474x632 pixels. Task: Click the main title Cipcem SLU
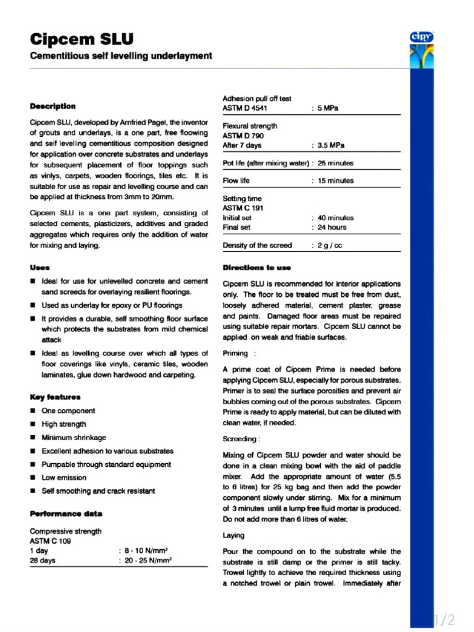point(81,39)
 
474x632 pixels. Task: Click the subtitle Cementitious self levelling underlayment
point(121,56)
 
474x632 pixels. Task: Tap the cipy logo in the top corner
point(422,38)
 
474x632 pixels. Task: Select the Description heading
point(53,106)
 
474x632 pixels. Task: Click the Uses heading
point(40,267)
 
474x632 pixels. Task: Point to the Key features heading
point(55,397)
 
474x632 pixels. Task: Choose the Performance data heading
point(66,513)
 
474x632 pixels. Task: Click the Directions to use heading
point(256,267)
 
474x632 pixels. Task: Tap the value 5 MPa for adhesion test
point(328,109)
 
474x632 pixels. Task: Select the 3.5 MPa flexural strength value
point(331,146)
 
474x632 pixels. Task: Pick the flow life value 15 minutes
point(336,181)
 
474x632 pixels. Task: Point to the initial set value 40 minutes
point(336,218)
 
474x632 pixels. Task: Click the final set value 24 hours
point(332,227)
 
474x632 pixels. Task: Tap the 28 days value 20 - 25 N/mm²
point(148,560)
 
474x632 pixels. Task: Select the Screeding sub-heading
point(241,439)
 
